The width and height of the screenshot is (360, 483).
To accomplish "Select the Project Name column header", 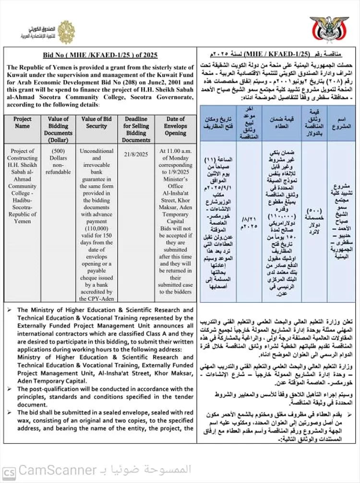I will coord(22,122).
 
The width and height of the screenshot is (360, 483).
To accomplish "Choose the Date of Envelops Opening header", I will coord(175,126).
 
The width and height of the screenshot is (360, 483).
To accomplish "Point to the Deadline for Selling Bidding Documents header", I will coord(136,129).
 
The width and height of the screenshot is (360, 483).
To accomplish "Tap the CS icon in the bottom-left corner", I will coord(9,471).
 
